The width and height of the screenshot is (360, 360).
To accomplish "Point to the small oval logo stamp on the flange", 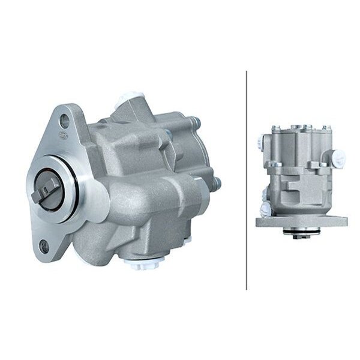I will tap(63, 134).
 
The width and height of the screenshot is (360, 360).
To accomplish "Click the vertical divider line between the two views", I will tap(247, 179).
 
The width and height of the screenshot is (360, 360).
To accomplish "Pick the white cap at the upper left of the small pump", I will tap(266, 143).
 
